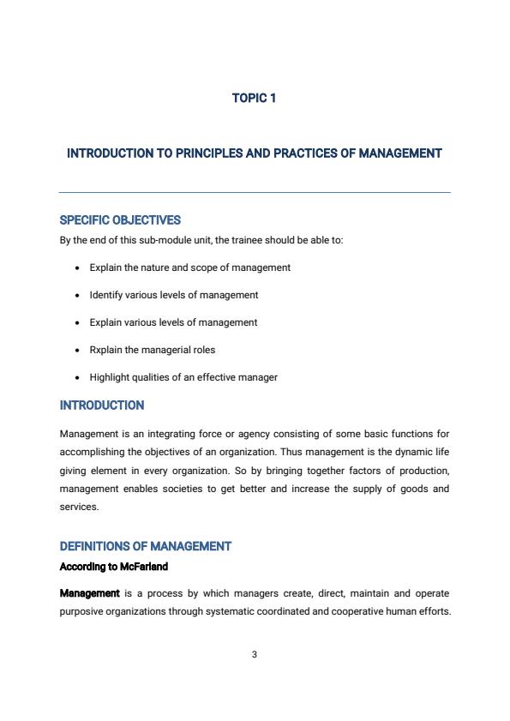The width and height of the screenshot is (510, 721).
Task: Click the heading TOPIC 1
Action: (x=254, y=99)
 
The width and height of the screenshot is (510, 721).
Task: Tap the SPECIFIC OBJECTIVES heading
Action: (x=120, y=220)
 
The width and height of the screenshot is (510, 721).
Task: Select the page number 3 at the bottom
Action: (x=255, y=655)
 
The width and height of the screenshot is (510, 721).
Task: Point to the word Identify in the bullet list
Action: (x=106, y=295)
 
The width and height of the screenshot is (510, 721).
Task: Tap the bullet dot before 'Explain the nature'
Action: (x=78, y=268)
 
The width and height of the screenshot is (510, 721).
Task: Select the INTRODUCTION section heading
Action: (x=102, y=406)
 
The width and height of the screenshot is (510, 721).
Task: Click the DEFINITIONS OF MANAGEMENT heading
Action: (x=146, y=546)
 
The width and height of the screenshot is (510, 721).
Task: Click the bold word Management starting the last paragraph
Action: (x=89, y=593)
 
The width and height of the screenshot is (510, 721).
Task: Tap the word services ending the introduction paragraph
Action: (x=79, y=507)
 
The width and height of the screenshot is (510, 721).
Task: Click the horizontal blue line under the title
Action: (x=255, y=192)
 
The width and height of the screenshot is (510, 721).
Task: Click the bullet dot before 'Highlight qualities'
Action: (x=78, y=378)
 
